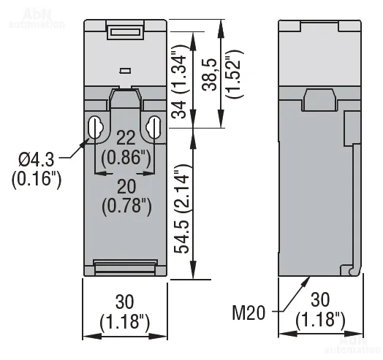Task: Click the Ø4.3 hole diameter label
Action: (36, 160)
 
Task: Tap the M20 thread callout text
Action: (249, 313)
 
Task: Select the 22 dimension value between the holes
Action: (126, 138)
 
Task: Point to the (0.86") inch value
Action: (126, 158)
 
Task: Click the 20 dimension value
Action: (126, 186)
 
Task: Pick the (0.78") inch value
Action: (126, 206)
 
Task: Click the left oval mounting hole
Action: (95, 126)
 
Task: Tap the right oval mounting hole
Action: (153, 126)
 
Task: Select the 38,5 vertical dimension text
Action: (210, 74)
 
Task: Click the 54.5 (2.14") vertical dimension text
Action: (181, 210)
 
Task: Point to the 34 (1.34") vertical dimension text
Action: (179, 82)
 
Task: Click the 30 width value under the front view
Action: (125, 302)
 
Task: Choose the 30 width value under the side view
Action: (320, 299)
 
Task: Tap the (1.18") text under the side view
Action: (320, 319)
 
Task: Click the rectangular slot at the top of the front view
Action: (125, 33)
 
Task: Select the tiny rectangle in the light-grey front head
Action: (125, 71)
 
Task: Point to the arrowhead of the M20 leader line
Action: (306, 280)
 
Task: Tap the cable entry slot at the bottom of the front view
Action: (125, 268)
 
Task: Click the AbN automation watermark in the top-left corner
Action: (37, 18)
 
